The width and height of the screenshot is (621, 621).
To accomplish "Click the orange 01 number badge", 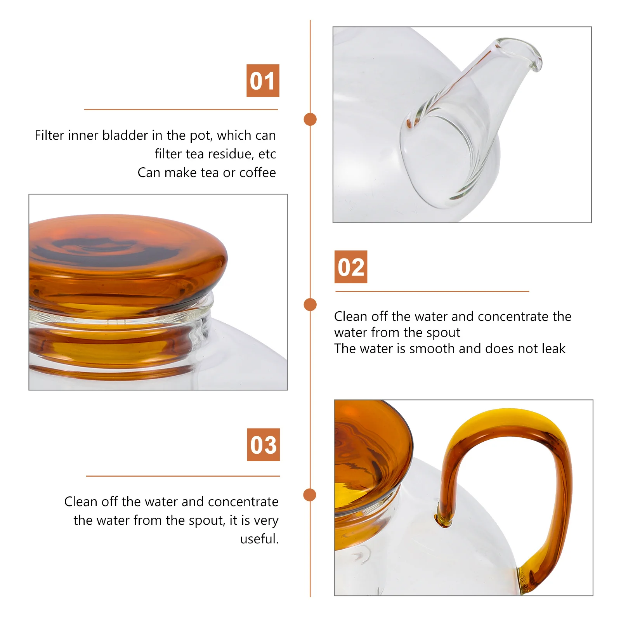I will click(x=263, y=81).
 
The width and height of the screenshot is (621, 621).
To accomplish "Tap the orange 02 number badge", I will click(x=351, y=267).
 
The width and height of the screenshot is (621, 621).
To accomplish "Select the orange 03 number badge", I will click(x=263, y=445).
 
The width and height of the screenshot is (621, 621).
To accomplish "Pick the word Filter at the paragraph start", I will click(x=49, y=135).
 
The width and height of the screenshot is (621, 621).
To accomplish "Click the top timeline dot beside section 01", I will click(x=310, y=119).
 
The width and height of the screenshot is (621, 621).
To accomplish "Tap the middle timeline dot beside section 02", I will click(x=310, y=305).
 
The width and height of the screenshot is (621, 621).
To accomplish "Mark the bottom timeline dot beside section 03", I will click(x=310, y=495).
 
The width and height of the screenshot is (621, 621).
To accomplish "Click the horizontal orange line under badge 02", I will click(x=432, y=291).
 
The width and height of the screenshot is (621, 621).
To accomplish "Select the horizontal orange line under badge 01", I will click(x=181, y=110).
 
